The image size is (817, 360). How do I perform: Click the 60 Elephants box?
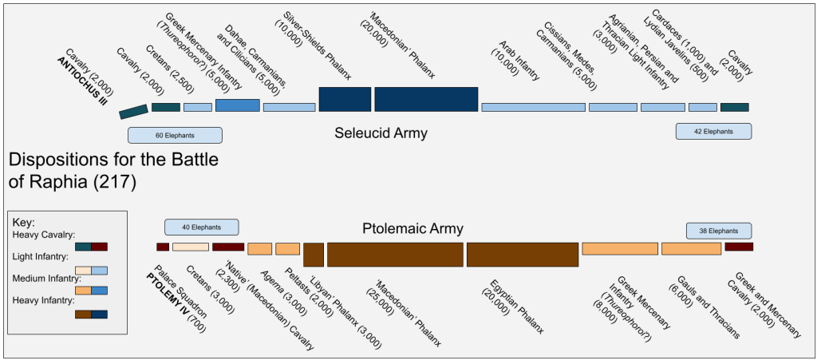[175, 136]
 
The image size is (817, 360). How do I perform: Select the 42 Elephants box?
[713, 131]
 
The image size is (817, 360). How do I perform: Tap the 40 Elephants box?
[202, 227]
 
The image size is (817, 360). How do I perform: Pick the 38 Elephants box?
[719, 230]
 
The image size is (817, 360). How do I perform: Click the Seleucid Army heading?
[381, 133]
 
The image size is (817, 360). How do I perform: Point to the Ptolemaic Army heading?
[412, 228]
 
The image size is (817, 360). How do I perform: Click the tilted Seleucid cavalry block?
[133, 112]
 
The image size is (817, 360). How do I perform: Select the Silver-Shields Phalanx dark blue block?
[345, 99]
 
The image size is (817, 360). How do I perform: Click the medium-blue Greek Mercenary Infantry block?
[238, 105]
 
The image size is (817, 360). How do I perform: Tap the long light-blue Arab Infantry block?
[533, 107]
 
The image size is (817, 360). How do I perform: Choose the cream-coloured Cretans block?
[190, 247]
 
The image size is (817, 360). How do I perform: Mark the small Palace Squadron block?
[163, 247]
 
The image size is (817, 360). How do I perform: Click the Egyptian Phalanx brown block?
[523, 255]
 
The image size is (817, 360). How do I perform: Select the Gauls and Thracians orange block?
[692, 248]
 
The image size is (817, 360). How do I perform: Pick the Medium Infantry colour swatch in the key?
[91, 291]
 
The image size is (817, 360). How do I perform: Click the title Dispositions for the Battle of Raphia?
[113, 172]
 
